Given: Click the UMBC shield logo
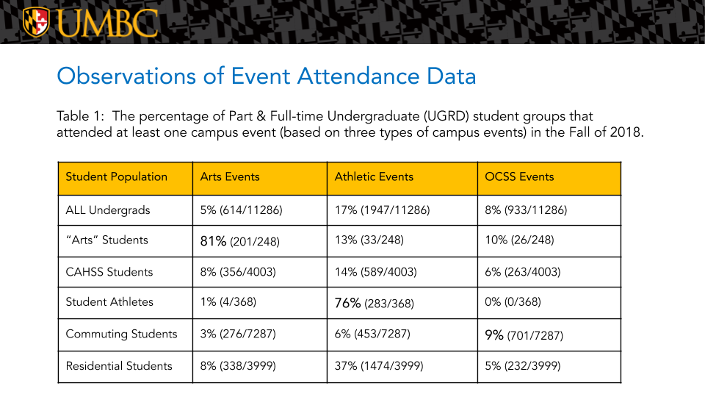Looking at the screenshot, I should (x=36, y=22).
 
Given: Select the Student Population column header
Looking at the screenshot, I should (x=117, y=177).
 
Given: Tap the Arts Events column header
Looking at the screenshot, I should (x=230, y=177).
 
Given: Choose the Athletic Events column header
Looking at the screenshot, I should (x=374, y=177).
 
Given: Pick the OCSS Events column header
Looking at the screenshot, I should (x=519, y=177).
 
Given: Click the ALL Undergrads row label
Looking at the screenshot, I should (x=108, y=210).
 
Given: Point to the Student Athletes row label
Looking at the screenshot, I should (x=109, y=302).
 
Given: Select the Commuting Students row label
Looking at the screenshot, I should (x=121, y=335).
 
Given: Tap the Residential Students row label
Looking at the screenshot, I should (x=119, y=366).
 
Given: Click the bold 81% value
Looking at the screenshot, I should (x=214, y=240).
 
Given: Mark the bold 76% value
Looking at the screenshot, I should (x=348, y=302).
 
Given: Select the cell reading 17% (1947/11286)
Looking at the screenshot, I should (x=382, y=210).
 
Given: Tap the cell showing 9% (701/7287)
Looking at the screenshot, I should (x=524, y=335).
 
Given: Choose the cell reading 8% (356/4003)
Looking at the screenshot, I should (x=238, y=272).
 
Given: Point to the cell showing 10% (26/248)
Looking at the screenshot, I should (x=519, y=240).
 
